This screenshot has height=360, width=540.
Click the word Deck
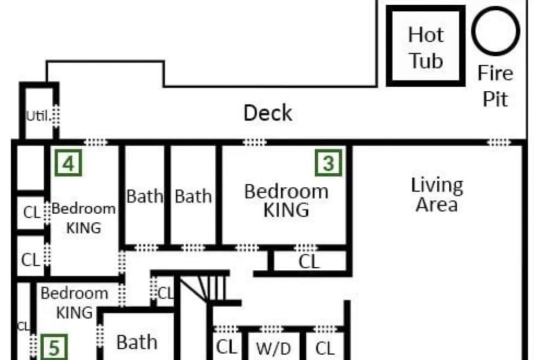tap(268, 113)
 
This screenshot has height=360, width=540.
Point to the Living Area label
tap(437, 195)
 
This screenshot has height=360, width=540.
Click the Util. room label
tap(38, 116)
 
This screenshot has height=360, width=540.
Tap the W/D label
tap(273, 349)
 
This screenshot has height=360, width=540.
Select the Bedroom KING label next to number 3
tap(286, 201)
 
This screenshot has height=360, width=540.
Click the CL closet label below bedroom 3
tap(309, 262)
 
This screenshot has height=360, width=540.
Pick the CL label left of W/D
tap(227, 347)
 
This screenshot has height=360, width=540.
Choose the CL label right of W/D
tap(325, 348)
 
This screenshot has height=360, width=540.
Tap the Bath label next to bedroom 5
tap(137, 342)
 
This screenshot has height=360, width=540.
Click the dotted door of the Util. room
tap(56, 116)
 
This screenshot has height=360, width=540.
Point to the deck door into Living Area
tap(498, 142)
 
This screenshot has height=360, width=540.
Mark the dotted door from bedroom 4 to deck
tap(96, 142)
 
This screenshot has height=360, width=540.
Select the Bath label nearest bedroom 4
tap(145, 196)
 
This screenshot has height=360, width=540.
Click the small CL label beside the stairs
tap(166, 294)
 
